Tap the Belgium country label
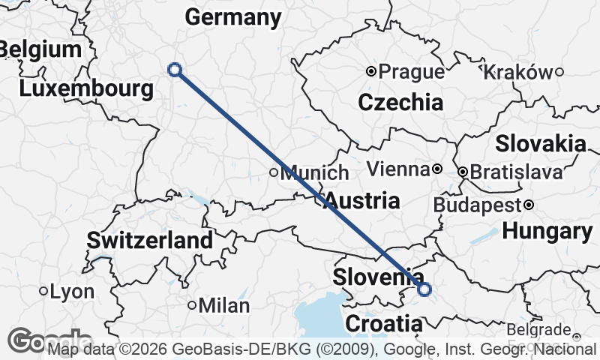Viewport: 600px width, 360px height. (x=40, y=50)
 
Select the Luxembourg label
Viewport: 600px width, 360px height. (x=86, y=89)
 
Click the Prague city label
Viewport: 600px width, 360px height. (x=411, y=72)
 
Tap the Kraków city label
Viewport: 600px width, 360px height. (x=519, y=72)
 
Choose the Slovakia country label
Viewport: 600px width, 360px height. (x=540, y=143)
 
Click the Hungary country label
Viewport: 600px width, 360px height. (x=547, y=232)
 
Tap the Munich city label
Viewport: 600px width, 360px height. (x=314, y=173)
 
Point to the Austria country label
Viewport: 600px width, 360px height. (x=362, y=201)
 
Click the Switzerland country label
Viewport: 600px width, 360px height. (x=150, y=241)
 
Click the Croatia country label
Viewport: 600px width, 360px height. (x=382, y=324)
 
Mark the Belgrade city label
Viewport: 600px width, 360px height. (x=538, y=329)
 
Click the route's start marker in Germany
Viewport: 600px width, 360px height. (x=175, y=70)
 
